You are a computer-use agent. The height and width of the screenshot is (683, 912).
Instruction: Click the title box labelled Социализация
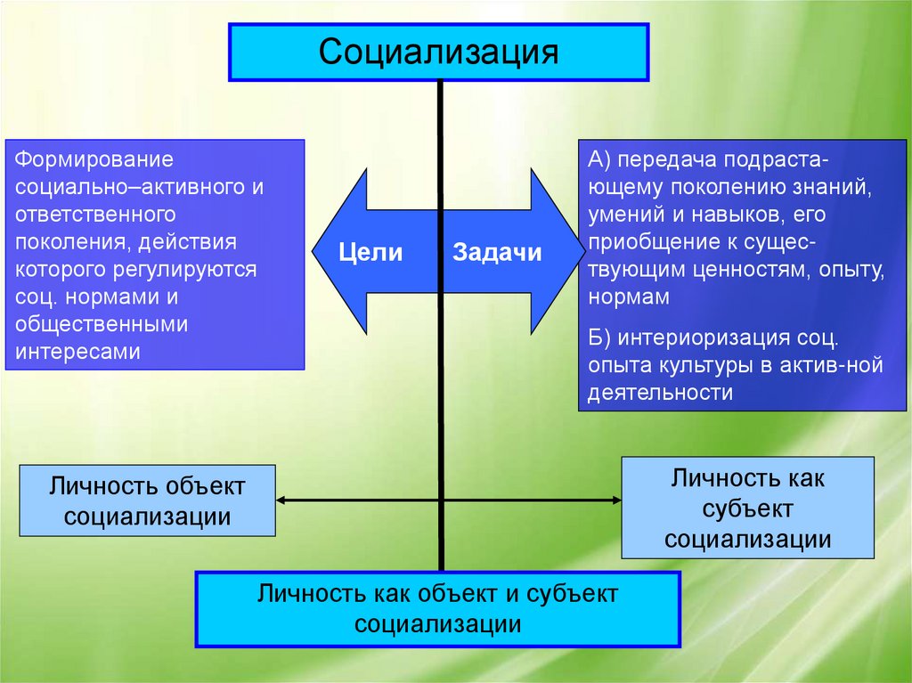439,51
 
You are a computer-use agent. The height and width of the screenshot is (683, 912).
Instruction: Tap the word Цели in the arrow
370,252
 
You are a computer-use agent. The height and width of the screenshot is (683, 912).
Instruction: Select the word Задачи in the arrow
497,252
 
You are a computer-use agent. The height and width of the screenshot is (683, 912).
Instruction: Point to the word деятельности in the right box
660,393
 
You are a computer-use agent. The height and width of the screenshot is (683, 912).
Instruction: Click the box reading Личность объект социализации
147,500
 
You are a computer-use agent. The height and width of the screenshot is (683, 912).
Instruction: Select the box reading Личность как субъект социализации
748,508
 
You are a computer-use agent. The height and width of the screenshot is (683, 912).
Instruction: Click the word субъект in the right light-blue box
748,508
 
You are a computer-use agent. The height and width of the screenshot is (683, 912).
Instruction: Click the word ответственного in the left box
90,215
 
